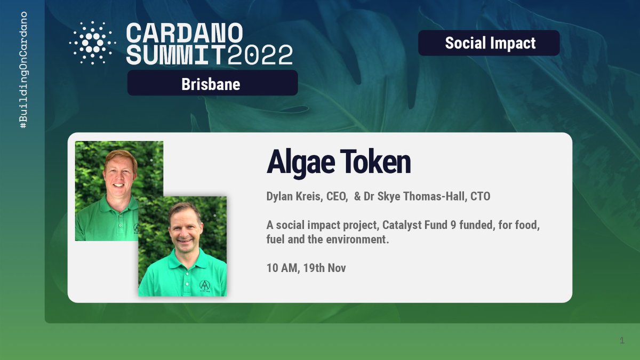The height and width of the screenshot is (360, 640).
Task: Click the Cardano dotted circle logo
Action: (x=92, y=43)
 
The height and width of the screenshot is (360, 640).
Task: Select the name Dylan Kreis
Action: (x=293, y=196)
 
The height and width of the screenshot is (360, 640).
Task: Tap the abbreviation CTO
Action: (x=480, y=196)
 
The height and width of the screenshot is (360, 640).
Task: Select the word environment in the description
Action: (x=357, y=239)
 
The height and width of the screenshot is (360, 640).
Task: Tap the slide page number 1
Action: (x=622, y=340)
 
